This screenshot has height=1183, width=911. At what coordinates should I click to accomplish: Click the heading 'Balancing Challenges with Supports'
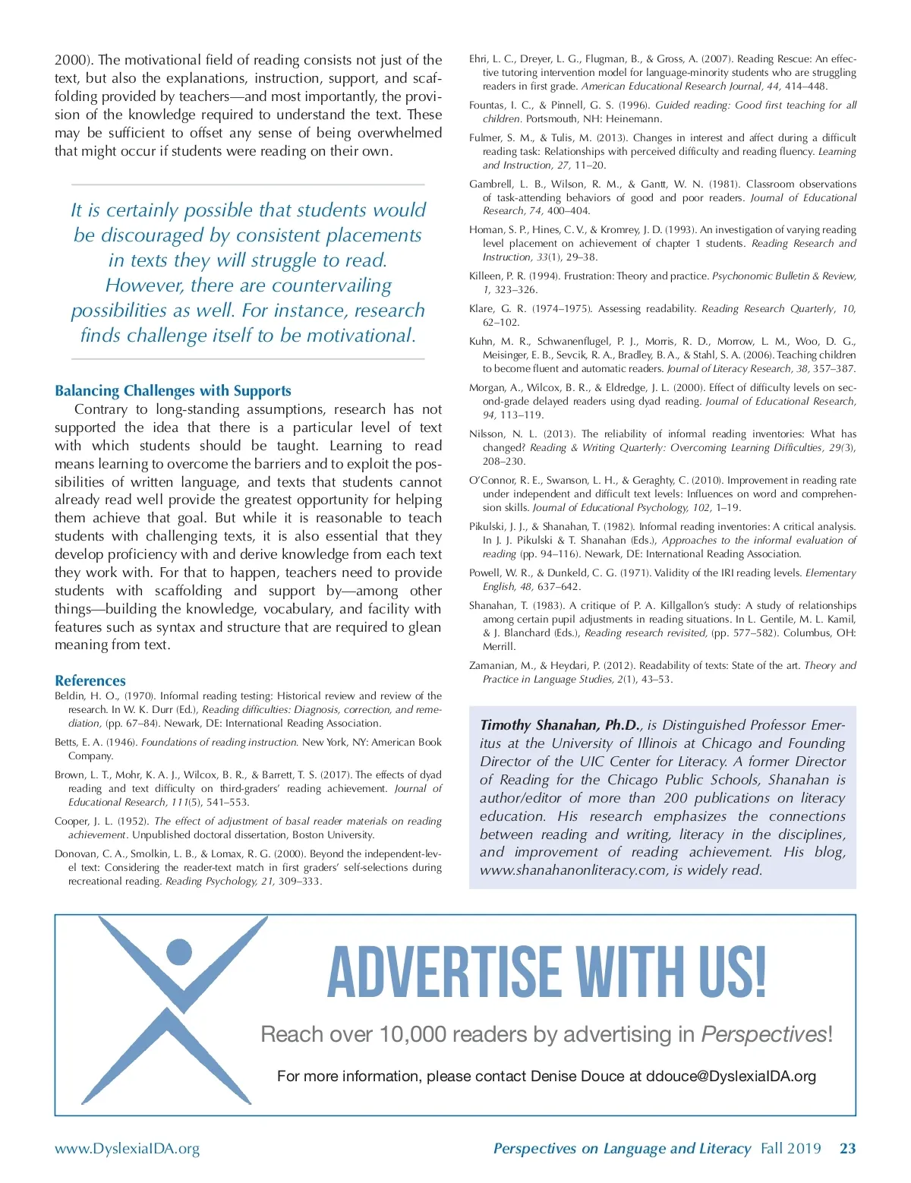[x=172, y=391]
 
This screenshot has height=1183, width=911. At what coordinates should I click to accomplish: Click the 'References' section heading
[x=90, y=680]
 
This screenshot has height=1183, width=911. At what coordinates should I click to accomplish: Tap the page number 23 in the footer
[x=847, y=1148]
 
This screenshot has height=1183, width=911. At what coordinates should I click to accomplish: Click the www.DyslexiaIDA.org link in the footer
[x=127, y=1148]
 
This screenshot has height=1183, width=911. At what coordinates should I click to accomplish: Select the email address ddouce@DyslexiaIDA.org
[x=730, y=1076]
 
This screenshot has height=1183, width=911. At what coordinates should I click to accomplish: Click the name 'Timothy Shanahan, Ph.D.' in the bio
[x=560, y=725]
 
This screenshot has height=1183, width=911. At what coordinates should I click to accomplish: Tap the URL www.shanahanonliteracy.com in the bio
[x=573, y=870]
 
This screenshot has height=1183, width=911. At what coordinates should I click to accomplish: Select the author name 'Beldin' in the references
[x=71, y=696]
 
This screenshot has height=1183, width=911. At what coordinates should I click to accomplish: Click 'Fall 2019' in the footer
[x=790, y=1148]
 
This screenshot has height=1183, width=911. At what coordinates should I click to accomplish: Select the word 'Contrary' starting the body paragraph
[x=101, y=409]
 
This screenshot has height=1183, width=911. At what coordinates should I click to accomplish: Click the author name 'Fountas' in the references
[x=487, y=106]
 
